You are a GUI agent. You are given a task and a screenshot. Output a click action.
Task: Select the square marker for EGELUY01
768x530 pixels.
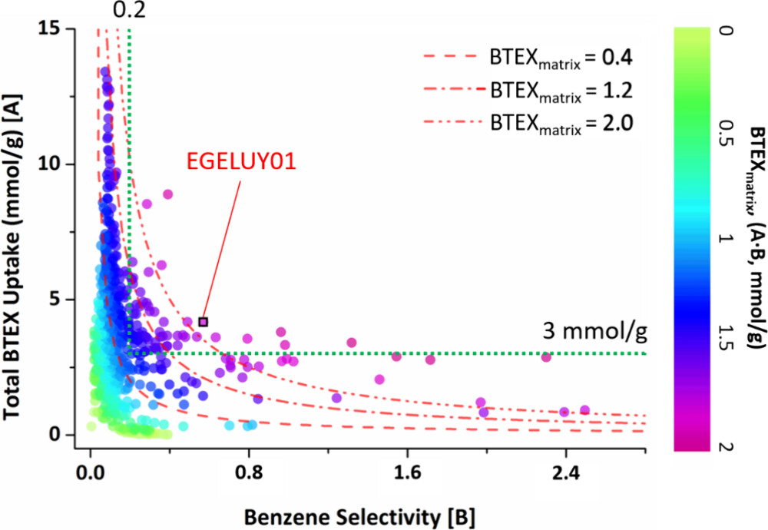(203, 322)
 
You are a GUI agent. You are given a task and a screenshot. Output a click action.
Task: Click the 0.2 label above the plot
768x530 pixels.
(128, 10)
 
